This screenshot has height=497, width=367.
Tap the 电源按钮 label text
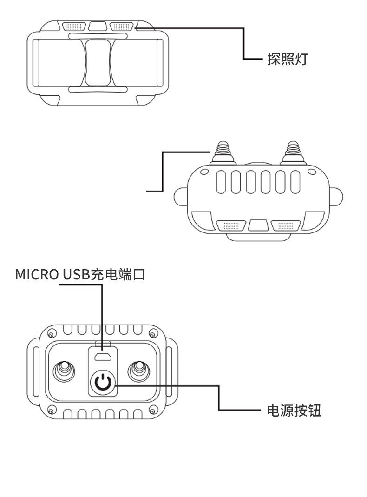tap(294, 411)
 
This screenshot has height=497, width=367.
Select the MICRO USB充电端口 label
tap(80, 274)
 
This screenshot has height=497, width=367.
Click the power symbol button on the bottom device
tap(103, 382)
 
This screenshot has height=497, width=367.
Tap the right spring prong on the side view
tap(293, 151)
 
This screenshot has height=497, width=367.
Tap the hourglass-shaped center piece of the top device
tap(98, 62)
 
